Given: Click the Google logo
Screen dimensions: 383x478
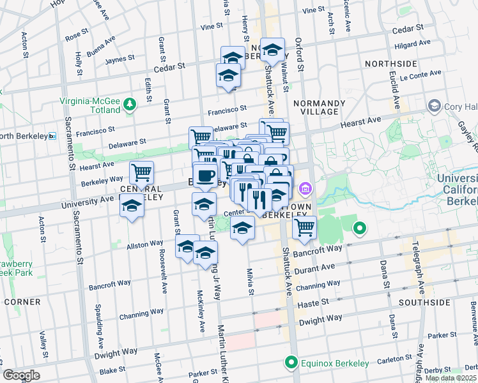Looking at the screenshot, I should click(22, 375).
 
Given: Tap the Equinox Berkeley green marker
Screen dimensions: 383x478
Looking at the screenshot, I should click(292, 363).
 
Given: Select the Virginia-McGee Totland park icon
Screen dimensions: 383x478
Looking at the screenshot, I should click(130, 103).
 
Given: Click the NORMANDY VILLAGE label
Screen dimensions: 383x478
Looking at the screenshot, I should click(316, 107).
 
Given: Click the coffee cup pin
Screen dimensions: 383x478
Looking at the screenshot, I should click(204, 176).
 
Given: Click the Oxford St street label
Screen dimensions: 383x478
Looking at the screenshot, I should click(298, 50).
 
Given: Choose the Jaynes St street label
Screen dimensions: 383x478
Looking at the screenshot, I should click(118, 60).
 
